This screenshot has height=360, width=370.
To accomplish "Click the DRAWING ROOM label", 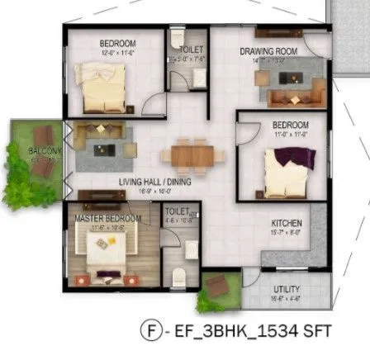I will click(x=261, y=50).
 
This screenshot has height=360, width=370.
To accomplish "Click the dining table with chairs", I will click(x=192, y=154).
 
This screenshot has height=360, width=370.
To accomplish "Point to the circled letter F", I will click(x=150, y=331).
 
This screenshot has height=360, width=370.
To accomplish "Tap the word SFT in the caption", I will click(x=317, y=331).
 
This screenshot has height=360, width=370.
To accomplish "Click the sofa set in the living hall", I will click(x=104, y=141).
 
